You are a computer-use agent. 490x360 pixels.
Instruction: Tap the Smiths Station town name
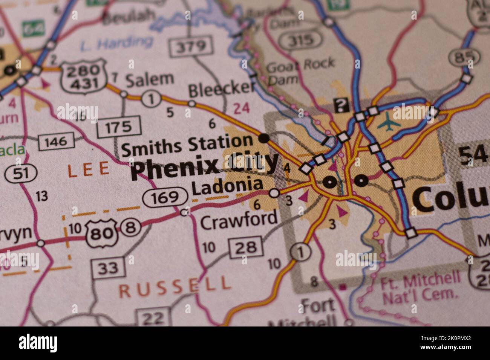187,144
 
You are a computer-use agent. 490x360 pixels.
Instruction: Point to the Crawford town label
239,220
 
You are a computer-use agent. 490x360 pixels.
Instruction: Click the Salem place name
149,79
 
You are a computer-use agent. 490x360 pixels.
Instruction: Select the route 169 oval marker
165,197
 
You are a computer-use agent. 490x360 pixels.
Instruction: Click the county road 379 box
191,47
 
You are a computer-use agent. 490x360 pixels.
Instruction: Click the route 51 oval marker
21,174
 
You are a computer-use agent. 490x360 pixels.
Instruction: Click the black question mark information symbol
341,105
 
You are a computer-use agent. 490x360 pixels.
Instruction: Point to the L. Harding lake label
116,44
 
